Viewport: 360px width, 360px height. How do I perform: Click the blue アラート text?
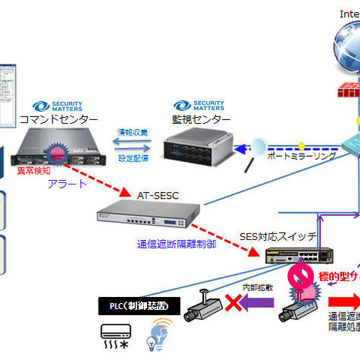pos(67,184)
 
